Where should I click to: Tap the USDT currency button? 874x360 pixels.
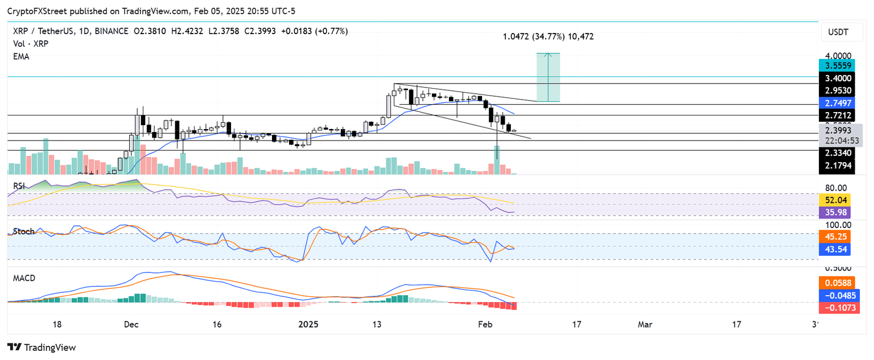[839, 32]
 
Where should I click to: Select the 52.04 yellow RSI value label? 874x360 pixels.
[839, 200]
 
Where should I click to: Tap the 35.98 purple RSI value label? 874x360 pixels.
[839, 213]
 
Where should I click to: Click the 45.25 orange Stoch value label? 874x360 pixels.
[839, 237]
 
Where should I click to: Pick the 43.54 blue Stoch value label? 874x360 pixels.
[839, 249]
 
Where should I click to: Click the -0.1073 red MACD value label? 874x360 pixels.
[839, 308]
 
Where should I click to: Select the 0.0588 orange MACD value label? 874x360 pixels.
[839, 283]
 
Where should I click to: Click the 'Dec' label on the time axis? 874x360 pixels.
[131, 324]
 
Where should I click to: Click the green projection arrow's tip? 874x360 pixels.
[548, 53]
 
